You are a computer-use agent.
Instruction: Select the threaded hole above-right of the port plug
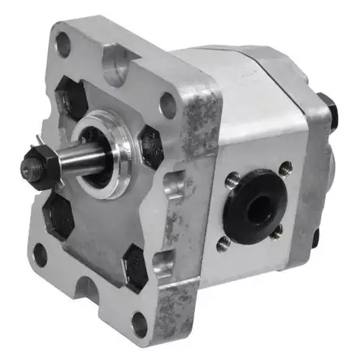[x=284, y=169]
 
